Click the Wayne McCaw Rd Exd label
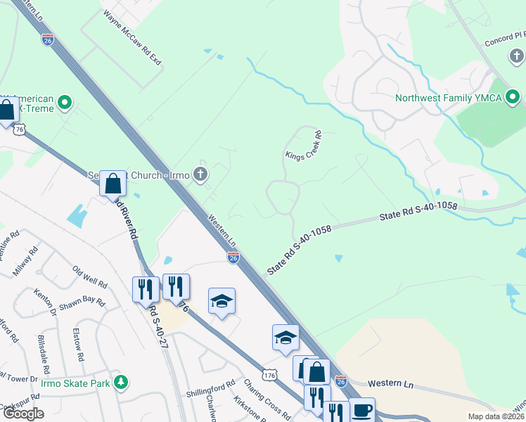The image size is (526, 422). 133,38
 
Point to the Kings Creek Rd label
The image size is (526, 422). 303,146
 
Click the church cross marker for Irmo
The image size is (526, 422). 200,174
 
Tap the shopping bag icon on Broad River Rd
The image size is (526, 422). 113,184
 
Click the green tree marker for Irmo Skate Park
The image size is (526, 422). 122,382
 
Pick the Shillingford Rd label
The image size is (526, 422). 210,388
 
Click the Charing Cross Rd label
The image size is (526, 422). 267,399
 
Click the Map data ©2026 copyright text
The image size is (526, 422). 496,416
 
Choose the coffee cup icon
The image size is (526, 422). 361,409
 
